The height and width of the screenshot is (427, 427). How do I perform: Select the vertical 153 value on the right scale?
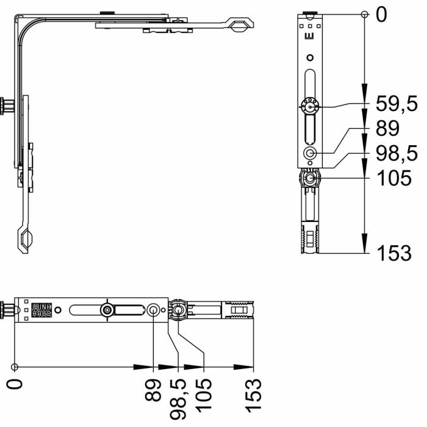point(393,253)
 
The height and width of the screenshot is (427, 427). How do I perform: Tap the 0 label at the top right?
point(381,15)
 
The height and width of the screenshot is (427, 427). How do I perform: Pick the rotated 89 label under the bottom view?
point(153,391)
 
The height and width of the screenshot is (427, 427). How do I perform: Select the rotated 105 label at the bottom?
point(203,392)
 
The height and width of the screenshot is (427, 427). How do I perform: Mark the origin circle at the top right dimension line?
point(364,14)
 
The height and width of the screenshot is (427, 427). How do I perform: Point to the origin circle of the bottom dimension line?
point(15,367)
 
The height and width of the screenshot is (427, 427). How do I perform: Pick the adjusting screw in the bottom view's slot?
point(107,310)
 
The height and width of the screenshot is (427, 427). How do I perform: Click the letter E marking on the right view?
point(310,37)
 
